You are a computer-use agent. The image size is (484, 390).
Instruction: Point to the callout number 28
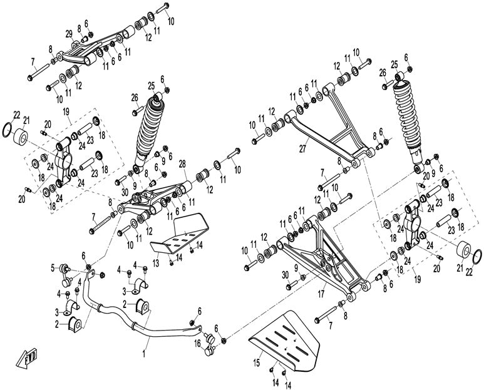pos(183,164)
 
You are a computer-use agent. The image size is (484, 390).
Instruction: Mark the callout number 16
pos(197,343)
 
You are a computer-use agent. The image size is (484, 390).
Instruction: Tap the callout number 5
pos(53,268)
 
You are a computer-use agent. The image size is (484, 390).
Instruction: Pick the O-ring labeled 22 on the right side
pos(476,256)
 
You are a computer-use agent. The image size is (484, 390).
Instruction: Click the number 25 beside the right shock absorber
pos(394,65)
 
